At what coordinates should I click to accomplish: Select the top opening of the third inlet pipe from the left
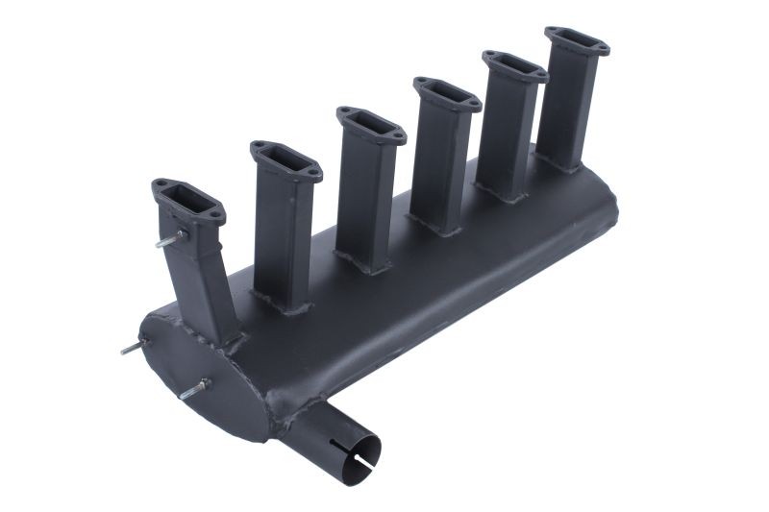click(x=371, y=124)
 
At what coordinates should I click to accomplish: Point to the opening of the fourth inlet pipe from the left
click(x=447, y=93)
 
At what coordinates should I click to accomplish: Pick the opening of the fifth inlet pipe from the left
click(x=514, y=65)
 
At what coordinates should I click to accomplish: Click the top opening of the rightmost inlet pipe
click(x=576, y=41)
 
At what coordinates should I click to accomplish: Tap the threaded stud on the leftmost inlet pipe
click(x=170, y=239)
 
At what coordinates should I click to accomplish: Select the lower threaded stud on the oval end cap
click(x=195, y=389)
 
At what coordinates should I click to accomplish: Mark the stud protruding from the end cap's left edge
click(x=132, y=348)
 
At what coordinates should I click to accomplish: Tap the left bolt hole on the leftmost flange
click(x=161, y=183)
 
